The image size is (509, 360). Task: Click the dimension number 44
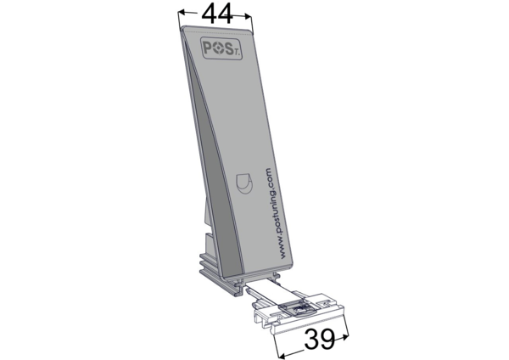pos(217,14)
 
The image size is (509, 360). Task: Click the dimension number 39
pos(320,340)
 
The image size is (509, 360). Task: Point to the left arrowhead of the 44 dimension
pos(182,13)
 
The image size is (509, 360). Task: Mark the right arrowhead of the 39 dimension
pos(344,337)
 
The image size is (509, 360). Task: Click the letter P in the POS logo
pos(208,48)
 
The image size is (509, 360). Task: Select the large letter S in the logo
pos(229,50)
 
